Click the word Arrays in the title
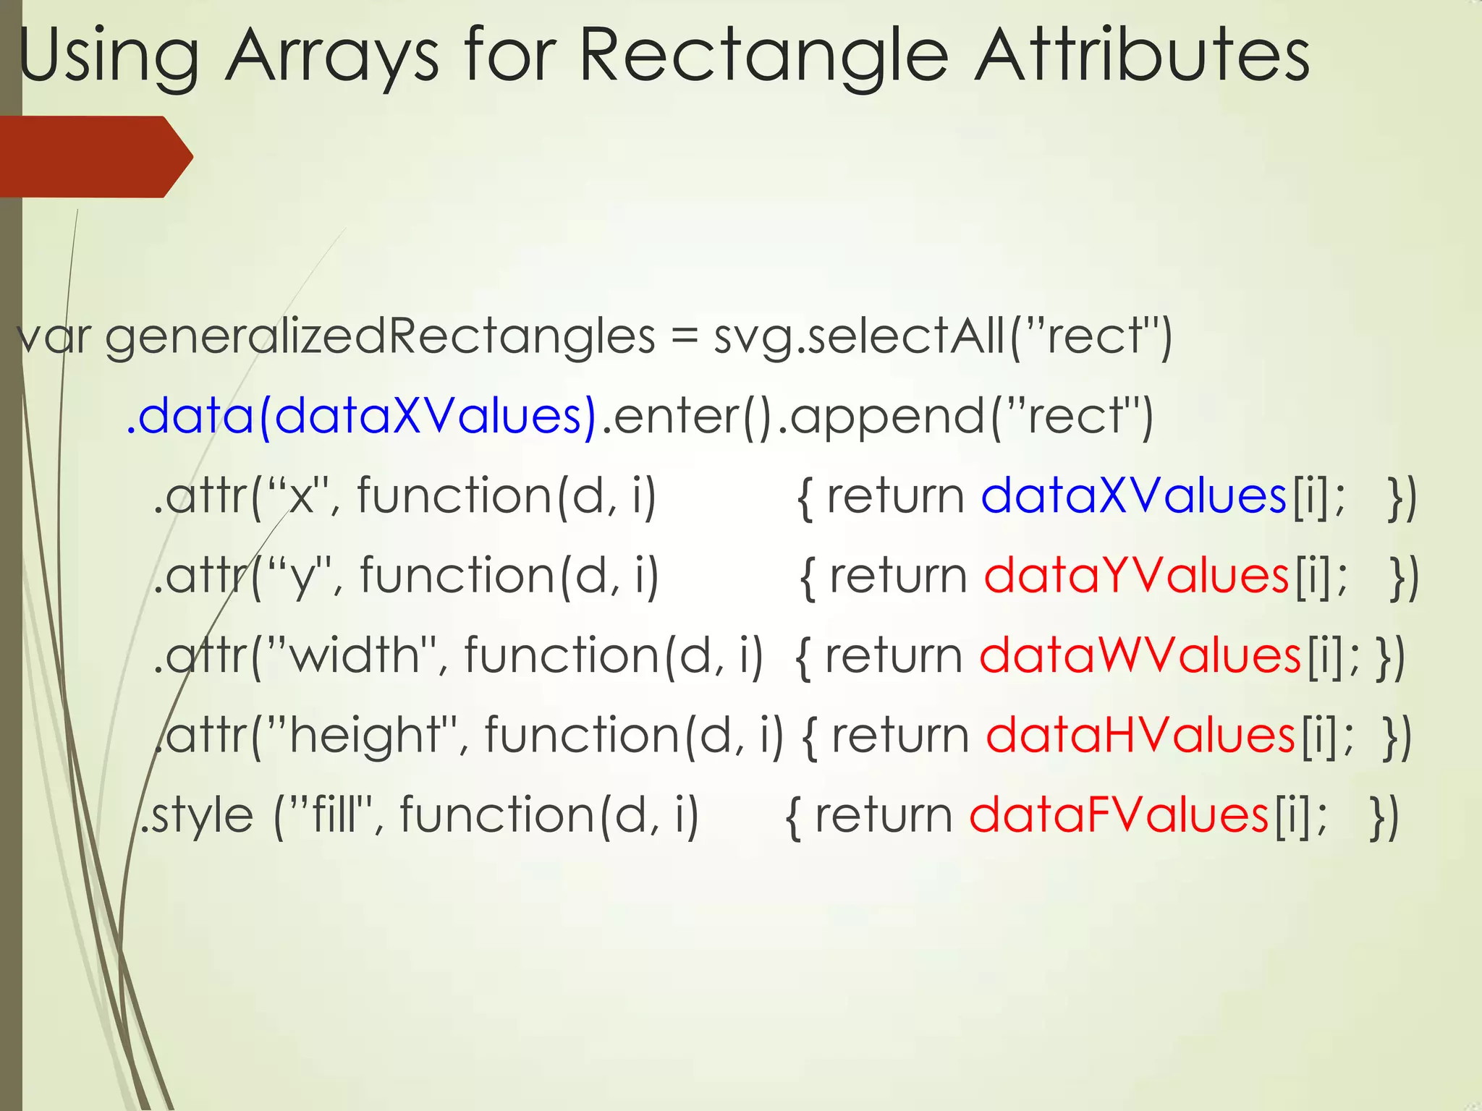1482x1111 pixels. [x=331, y=56]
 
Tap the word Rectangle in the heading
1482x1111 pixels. [x=763, y=56]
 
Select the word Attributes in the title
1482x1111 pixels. [x=1141, y=56]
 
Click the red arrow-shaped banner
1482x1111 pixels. [x=94, y=156]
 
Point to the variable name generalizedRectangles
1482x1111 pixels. [x=380, y=337]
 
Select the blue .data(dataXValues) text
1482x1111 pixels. [x=362, y=417]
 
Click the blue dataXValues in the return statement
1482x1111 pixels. [x=1133, y=496]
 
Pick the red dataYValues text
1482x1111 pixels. [x=1136, y=576]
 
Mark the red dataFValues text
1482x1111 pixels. [x=1119, y=815]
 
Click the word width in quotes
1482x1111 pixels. [x=355, y=655]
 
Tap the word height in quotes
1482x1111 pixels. [x=365, y=736]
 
